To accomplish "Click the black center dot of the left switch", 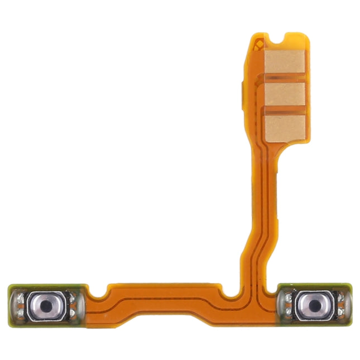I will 45,306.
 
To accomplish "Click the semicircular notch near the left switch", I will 100,291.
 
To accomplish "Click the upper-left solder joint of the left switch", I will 21,298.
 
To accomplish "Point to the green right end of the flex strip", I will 348,306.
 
